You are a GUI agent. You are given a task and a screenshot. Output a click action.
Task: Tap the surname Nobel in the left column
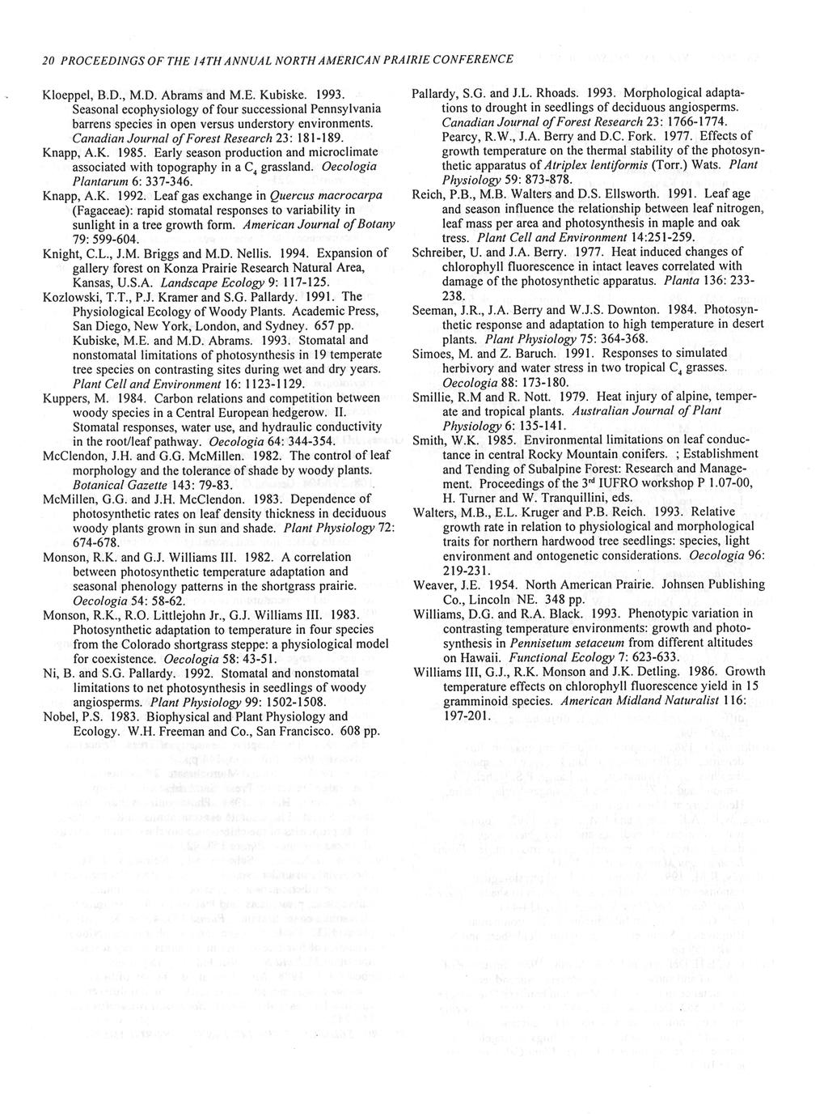tap(59, 716)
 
